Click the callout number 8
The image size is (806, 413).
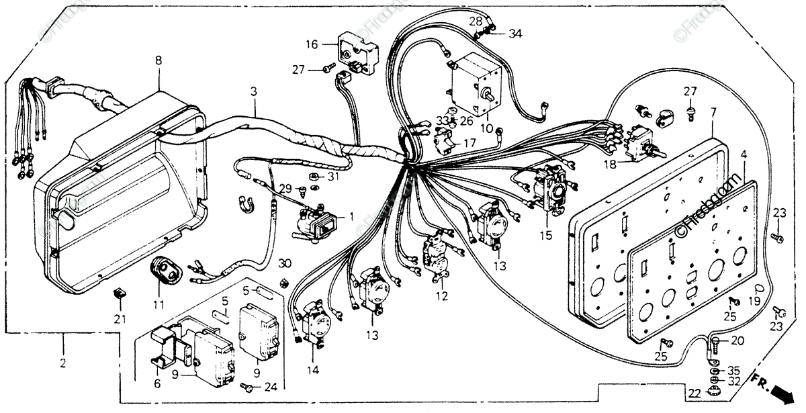tap(159, 60)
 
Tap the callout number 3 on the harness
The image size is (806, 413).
tap(254, 90)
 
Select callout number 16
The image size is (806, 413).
tap(312, 44)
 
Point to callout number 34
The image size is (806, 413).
tap(515, 34)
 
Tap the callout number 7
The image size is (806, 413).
tap(713, 111)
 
